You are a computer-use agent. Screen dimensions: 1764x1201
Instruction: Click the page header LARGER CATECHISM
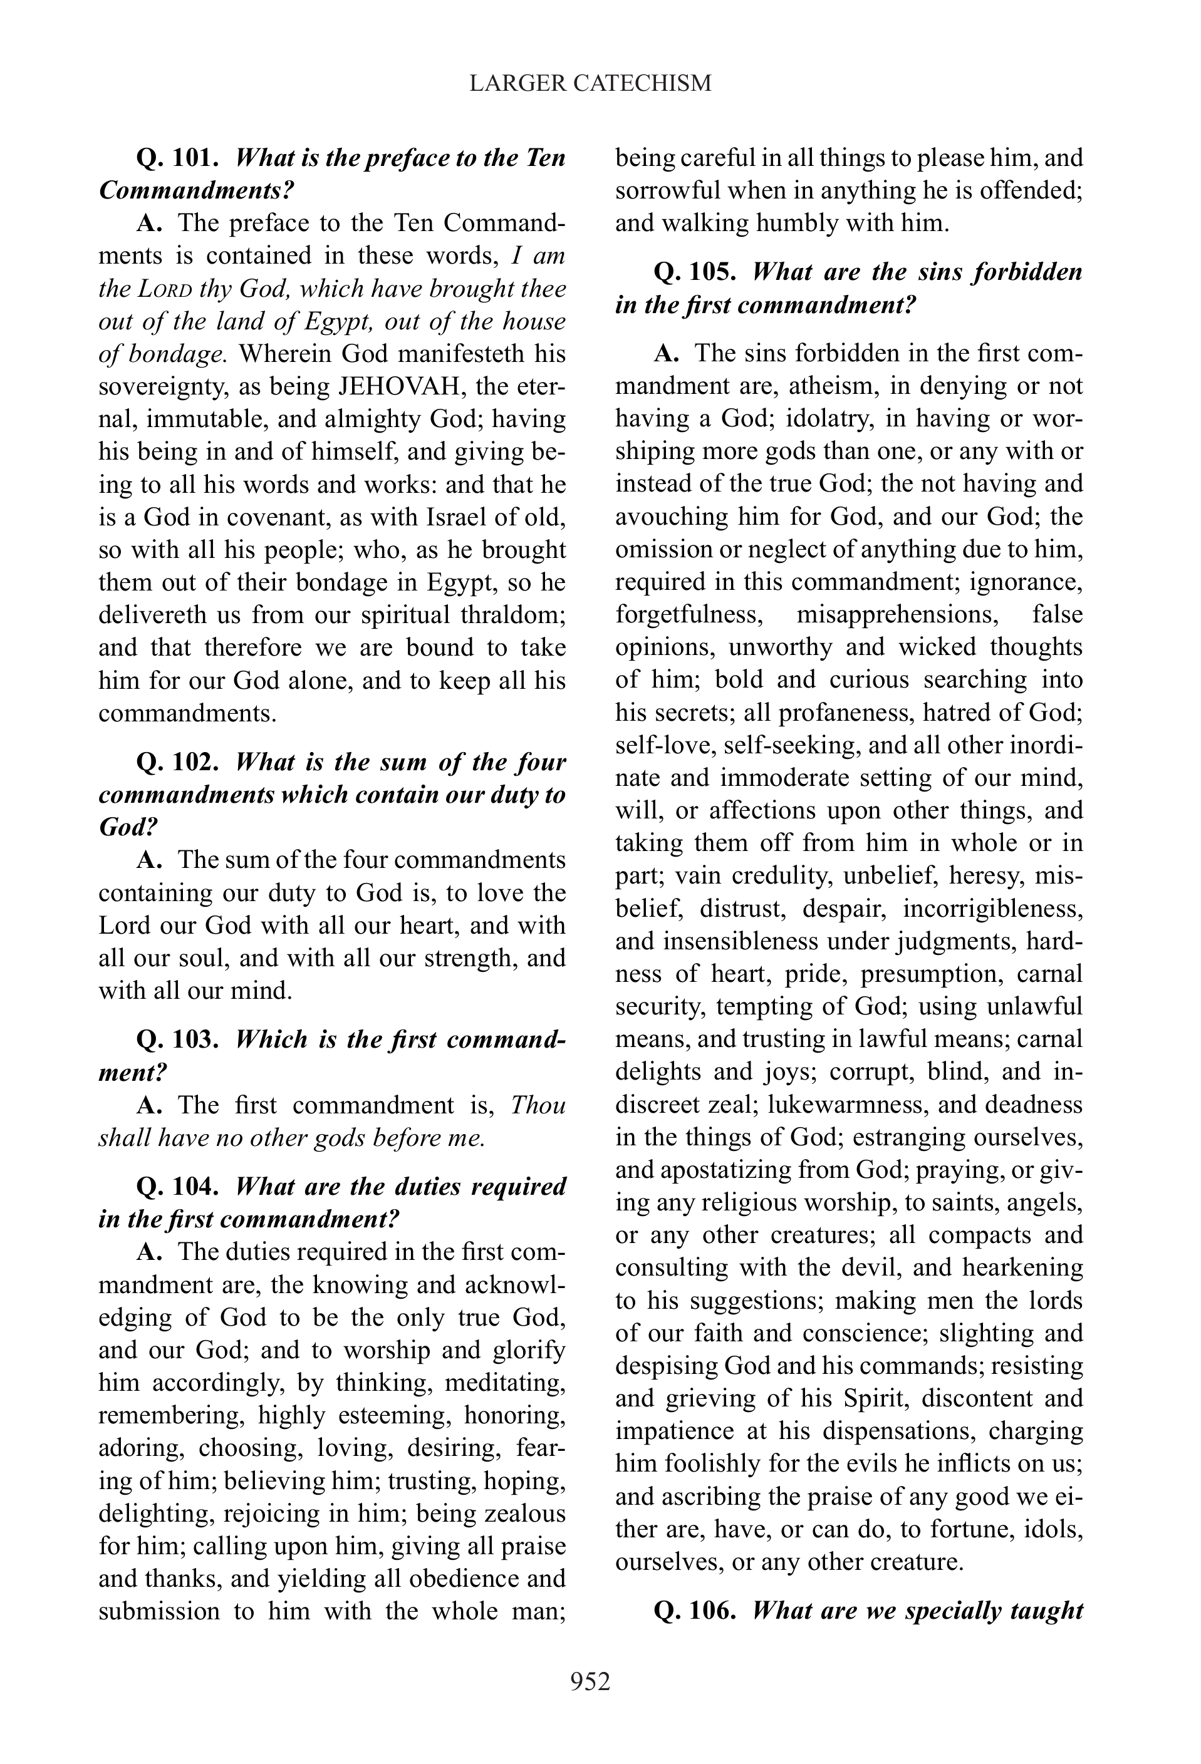coord(591,83)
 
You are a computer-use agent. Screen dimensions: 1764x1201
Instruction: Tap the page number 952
coord(591,1682)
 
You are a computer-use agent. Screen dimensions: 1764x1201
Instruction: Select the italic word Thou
coord(538,1105)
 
